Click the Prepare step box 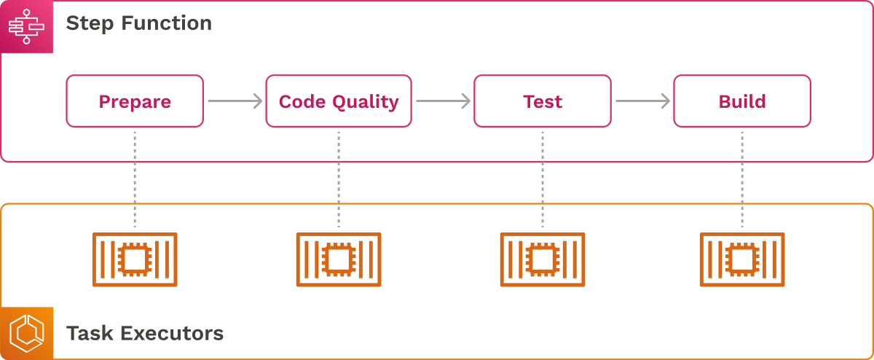tap(135, 101)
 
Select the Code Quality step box tap(339, 101)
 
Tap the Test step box tap(543, 101)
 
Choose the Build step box tap(742, 101)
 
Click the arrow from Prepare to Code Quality tap(235, 101)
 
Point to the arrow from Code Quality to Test tap(443, 101)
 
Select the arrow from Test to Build tap(642, 101)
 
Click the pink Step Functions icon tap(27, 27)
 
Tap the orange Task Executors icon tap(27, 333)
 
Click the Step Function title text tap(139, 23)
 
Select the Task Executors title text tap(145, 334)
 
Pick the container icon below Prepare tap(135, 259)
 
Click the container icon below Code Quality tap(339, 259)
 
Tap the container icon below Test tap(543, 259)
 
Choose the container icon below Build tap(742, 259)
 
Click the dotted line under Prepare tap(135, 179)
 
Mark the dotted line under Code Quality tap(339, 179)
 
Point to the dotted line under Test tap(543, 179)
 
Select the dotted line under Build tap(742, 179)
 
